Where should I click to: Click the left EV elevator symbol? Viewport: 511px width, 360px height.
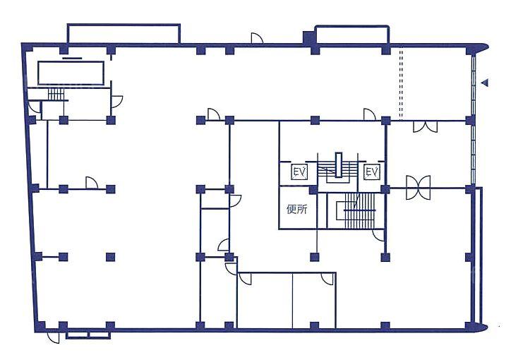299,172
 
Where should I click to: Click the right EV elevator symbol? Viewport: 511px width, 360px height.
372,172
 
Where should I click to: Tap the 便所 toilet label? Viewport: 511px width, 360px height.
297,209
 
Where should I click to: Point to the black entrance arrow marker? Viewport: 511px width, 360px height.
486,83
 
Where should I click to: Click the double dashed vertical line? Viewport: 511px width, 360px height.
401,85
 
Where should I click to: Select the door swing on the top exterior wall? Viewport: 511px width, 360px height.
257,38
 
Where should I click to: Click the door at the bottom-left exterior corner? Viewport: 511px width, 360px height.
53,337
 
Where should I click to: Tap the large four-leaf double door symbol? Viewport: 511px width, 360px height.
418,187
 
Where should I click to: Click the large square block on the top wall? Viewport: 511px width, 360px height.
308,38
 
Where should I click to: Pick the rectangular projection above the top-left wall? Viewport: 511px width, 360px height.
124,33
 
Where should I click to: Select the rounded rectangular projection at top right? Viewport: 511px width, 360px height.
352,34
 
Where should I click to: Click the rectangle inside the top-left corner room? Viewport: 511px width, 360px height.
71,73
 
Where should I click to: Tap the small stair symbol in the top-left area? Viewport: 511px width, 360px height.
56,94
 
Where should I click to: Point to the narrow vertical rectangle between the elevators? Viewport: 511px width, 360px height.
339,165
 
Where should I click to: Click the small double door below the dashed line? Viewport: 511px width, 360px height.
426,126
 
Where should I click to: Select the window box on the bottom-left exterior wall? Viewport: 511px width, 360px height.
88,335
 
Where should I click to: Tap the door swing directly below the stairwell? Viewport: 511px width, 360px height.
378,236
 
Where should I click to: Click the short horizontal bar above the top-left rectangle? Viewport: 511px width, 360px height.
72,58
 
